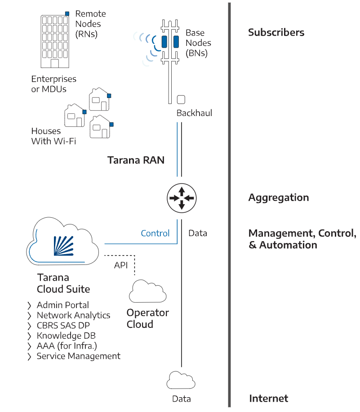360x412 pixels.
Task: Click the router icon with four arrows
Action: pos(182,198)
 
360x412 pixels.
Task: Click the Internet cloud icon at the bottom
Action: pos(181,381)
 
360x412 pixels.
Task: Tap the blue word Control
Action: pos(155,233)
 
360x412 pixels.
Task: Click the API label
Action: pos(120,265)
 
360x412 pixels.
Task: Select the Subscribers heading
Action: pos(276,32)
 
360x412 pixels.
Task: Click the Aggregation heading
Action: pos(278,197)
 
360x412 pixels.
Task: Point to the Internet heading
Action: pos(268,398)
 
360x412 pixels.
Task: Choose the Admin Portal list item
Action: pos(62,305)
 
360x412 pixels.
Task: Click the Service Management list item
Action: pos(78,356)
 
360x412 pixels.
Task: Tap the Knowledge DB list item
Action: pos(66,336)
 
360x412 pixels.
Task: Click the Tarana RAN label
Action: pos(136,160)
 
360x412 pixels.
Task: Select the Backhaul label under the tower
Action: pos(194,113)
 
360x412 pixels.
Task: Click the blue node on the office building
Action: pos(67,13)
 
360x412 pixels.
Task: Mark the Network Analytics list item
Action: pos(73,315)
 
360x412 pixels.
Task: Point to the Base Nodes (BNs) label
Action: pos(198,43)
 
